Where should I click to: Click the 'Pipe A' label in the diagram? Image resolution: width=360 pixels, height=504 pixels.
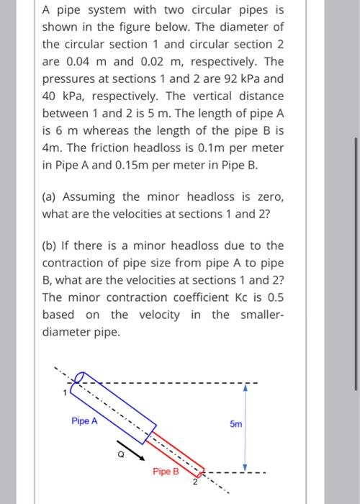click(x=84, y=420)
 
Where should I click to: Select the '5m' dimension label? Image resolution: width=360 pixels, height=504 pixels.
click(x=236, y=424)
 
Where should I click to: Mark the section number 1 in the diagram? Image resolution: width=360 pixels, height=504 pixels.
click(x=64, y=392)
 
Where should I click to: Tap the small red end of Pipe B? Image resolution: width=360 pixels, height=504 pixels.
click(x=202, y=472)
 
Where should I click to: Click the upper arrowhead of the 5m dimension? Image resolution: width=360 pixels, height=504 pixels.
click(x=246, y=386)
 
